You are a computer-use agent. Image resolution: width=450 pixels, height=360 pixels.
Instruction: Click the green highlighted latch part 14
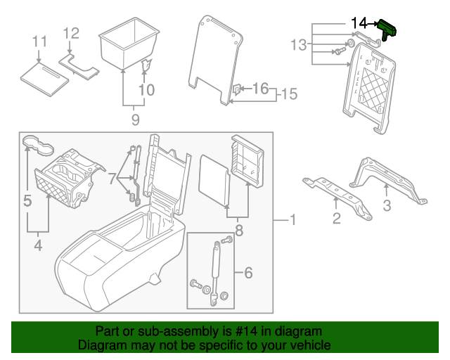pos(387,30)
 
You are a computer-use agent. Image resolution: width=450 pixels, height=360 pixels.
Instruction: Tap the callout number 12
pos(72,33)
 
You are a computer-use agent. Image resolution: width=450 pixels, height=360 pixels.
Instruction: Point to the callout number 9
pos(135,119)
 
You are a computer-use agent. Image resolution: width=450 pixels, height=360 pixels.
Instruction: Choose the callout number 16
pos(260,89)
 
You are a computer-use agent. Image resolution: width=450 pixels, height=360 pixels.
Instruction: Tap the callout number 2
pos(336,218)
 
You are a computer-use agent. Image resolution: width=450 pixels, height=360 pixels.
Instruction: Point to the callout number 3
pos(386,205)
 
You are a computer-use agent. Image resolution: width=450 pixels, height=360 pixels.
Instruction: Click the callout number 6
pos(247,272)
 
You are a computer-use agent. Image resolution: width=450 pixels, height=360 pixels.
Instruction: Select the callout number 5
pos(27,201)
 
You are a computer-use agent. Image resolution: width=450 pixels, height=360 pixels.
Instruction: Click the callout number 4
pos(38,245)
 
